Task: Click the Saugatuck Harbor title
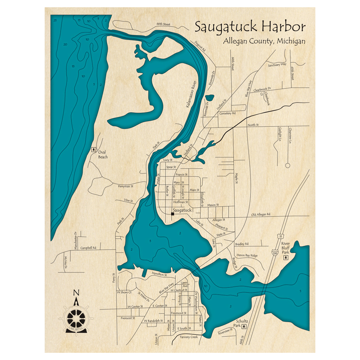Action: coord(250,27)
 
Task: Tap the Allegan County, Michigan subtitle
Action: coord(264,41)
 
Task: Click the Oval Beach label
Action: coord(103,154)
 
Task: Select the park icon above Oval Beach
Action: coord(94,148)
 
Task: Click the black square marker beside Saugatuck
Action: coord(172,214)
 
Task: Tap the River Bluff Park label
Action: coord(285,248)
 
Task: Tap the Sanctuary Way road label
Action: coord(277,65)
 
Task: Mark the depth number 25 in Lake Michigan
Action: coord(55,21)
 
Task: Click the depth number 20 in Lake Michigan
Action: coord(65,44)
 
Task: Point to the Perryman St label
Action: coord(126,186)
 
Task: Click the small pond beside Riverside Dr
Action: coord(210,98)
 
